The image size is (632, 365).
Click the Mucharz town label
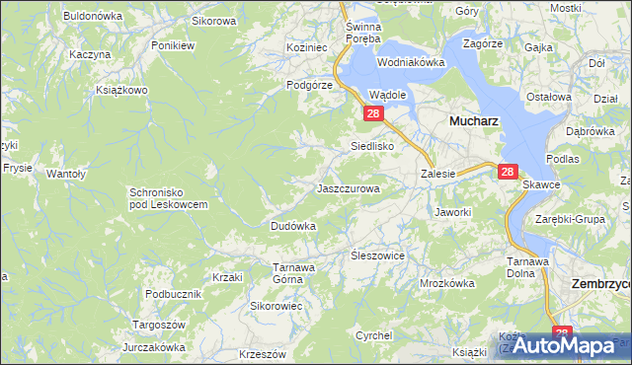point(473,120)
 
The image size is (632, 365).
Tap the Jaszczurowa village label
point(348,187)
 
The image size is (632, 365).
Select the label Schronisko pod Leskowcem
point(168,197)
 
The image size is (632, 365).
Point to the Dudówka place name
point(293,226)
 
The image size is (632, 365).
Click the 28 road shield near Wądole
point(373,114)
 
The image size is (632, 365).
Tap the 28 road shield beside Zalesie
point(508,172)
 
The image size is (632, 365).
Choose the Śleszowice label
point(379,255)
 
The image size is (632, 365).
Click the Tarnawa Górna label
point(293,272)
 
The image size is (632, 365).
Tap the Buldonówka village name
point(92,16)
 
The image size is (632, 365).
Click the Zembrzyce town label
point(602,283)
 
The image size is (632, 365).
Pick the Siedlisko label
point(373,146)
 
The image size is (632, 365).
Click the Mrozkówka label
point(447,282)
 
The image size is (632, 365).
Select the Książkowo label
point(121,90)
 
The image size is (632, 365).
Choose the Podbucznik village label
point(173,294)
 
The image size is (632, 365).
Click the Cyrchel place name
point(374,335)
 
